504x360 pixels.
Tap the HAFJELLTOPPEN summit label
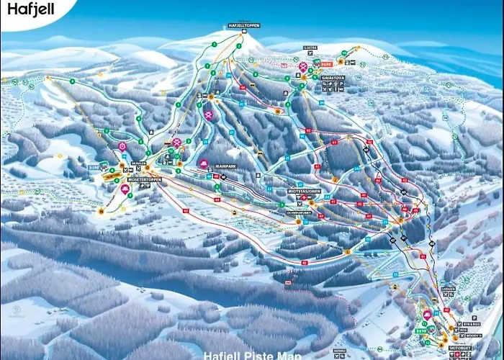tap(243, 25)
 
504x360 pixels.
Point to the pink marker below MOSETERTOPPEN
tap(125, 189)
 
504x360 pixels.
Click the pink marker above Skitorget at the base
tap(427, 315)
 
